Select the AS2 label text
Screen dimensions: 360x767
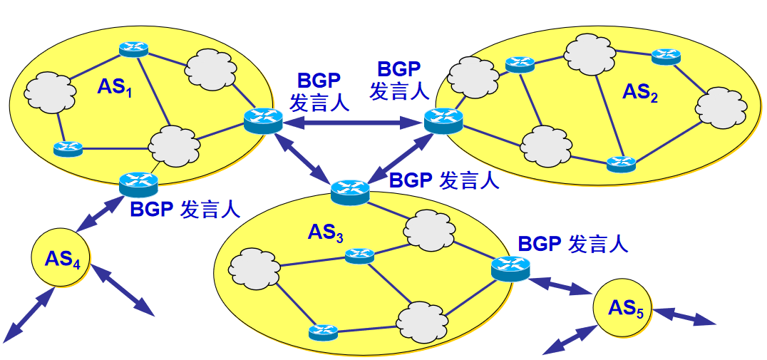tap(640, 93)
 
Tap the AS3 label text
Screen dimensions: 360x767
tap(326, 232)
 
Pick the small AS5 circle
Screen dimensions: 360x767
tap(622, 307)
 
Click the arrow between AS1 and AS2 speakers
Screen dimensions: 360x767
tap(350, 123)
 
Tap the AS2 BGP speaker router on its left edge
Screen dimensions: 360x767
tap(443, 119)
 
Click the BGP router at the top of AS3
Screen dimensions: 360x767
tap(350, 190)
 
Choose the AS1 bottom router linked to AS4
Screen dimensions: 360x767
tap(138, 183)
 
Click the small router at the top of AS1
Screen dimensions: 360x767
tap(133, 48)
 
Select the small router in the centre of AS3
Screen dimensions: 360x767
tap(359, 254)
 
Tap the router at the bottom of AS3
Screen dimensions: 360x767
tap(323, 331)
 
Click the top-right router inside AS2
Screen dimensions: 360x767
tap(666, 56)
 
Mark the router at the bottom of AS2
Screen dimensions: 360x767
tap(620, 163)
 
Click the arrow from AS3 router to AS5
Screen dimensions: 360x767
tap(561, 284)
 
